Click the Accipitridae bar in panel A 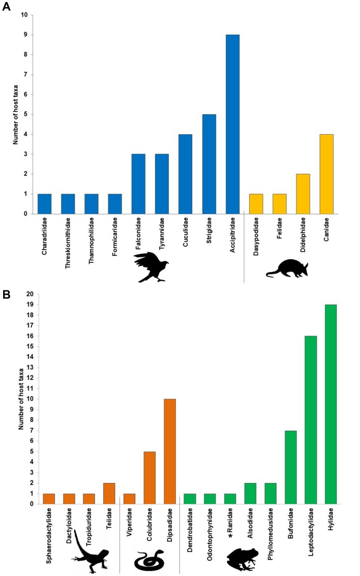(232, 124)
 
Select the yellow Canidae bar (326, 174)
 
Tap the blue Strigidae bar (209, 164)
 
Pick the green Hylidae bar (331, 404)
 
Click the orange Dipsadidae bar (170, 451)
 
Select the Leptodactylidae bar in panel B (311, 420)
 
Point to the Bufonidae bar (290, 467)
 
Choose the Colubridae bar (149, 477)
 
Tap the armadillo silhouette (287, 268)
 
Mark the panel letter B (6, 295)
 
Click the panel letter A (6, 7)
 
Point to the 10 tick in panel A (24, 15)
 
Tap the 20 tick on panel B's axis (30, 294)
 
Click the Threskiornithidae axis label (68, 243)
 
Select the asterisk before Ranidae (230, 536)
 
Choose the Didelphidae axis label (303, 235)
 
